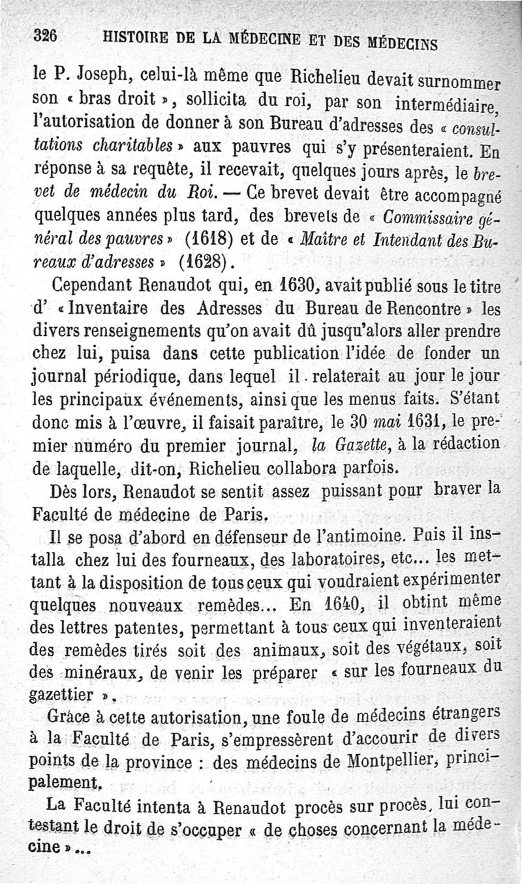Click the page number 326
[46, 38]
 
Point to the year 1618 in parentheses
[203, 232]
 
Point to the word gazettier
[63, 693]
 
